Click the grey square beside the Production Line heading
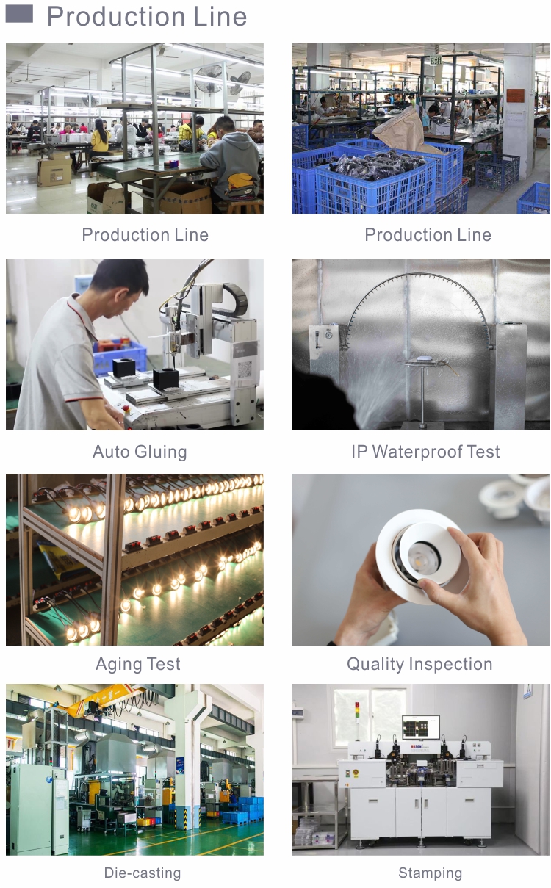click(19, 14)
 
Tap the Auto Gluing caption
click(140, 452)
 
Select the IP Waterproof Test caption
click(425, 452)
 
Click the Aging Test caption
click(138, 665)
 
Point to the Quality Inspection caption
click(419, 665)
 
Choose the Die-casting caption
click(143, 873)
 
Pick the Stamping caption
click(430, 873)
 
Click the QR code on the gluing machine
click(245, 369)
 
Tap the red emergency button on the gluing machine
click(126, 408)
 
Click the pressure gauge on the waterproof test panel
click(328, 335)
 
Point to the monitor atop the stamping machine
click(420, 727)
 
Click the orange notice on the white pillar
click(515, 95)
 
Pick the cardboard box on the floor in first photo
click(54, 171)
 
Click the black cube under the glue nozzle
click(166, 380)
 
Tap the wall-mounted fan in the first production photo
click(209, 79)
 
